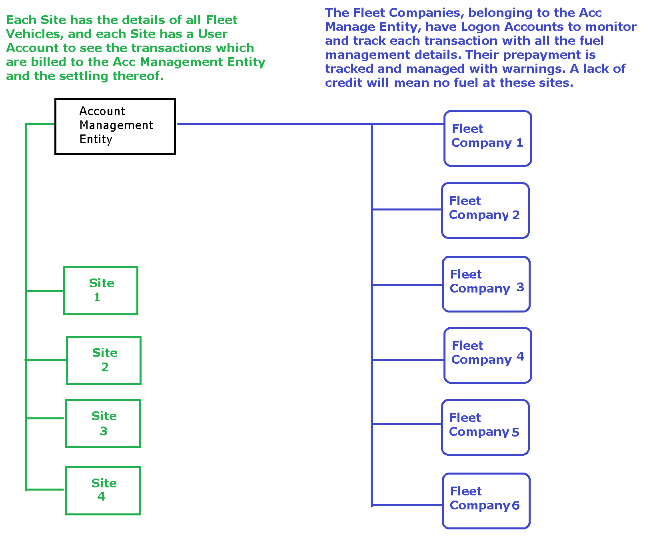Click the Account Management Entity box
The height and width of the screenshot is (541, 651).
click(115, 126)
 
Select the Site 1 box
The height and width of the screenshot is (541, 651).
click(100, 291)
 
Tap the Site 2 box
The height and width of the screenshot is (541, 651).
click(104, 360)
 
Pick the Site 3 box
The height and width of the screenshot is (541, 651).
click(103, 423)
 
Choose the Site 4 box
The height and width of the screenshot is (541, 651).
click(103, 491)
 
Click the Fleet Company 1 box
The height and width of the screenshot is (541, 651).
click(487, 138)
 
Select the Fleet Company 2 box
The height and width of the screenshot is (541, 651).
click(485, 210)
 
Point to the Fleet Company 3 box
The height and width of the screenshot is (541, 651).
click(486, 284)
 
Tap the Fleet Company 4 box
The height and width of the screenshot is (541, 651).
click(487, 355)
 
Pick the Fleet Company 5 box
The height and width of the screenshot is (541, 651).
click(485, 427)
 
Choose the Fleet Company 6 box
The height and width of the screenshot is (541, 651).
click(486, 501)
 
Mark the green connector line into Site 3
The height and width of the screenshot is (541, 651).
click(45, 419)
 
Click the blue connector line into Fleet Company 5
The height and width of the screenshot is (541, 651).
click(407, 424)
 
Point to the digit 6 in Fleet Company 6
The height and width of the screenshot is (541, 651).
click(516, 505)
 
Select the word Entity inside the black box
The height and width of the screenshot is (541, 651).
click(96, 139)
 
